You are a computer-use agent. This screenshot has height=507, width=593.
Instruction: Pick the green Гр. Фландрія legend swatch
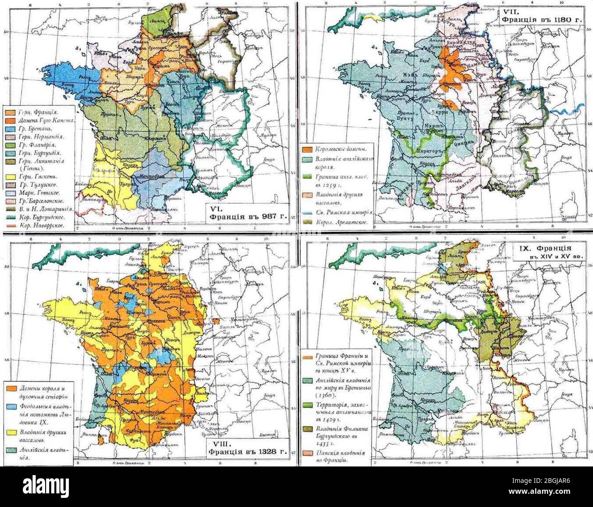(9, 145)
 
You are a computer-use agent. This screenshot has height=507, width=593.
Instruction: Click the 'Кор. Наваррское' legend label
(38, 225)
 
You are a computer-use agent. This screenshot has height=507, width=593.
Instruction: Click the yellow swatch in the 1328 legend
(9, 431)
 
